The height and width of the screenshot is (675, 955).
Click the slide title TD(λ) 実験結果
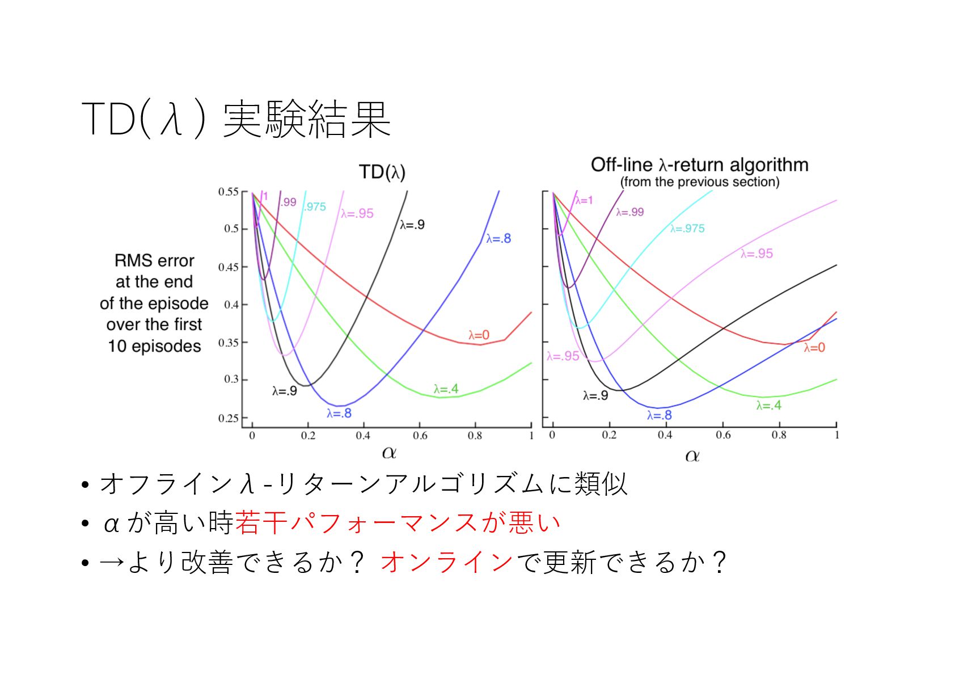[235, 119]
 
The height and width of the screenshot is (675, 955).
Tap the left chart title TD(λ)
[382, 172]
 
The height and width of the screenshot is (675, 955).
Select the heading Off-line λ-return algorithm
[699, 165]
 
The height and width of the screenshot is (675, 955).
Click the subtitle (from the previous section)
[699, 182]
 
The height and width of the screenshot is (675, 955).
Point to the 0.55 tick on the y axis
[228, 192]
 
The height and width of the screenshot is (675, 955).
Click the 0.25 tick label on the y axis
[228, 418]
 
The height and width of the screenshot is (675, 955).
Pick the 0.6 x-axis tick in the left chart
[420, 436]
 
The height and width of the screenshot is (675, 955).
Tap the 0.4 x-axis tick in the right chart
[665, 435]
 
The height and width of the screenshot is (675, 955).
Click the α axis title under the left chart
[389, 453]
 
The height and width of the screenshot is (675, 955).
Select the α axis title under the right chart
[692, 455]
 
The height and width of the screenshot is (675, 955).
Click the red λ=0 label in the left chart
[479, 335]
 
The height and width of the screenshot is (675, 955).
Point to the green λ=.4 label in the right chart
[768, 406]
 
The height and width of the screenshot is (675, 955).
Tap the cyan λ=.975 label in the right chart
[687, 229]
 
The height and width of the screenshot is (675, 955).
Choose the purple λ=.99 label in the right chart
[630, 212]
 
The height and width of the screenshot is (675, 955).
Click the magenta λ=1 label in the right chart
[584, 200]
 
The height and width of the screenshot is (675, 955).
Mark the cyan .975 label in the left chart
[315, 207]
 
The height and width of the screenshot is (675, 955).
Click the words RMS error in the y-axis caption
[154, 260]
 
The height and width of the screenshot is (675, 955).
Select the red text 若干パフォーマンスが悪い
[398, 523]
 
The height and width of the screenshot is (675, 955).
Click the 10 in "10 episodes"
[117, 346]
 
